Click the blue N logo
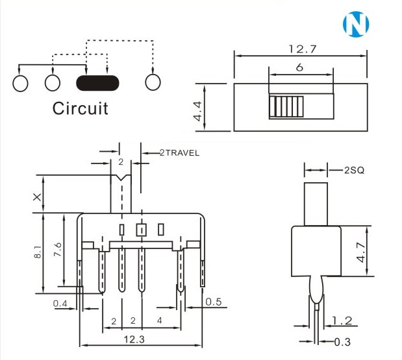[x=355, y=24]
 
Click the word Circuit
[x=80, y=108]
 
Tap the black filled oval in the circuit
[x=97, y=82]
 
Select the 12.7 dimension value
[x=300, y=49]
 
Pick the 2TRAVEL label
[x=179, y=153]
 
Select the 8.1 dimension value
[x=37, y=252]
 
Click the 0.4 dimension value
[x=60, y=303]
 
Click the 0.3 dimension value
[x=342, y=341]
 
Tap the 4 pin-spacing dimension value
[x=160, y=321]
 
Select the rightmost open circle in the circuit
[x=153, y=82]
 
